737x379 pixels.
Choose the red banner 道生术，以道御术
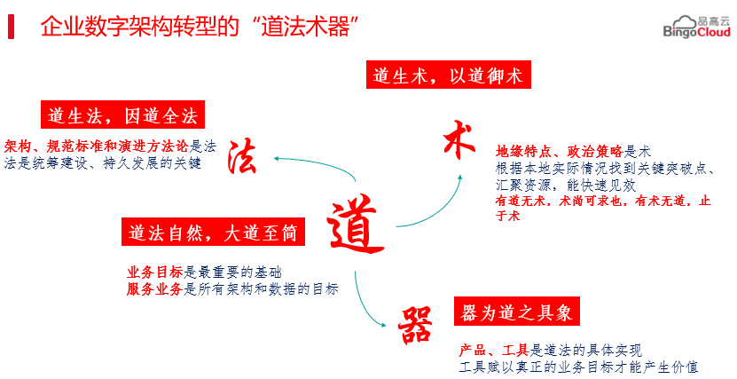[x=448, y=75]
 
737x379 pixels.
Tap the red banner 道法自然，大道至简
[x=212, y=233]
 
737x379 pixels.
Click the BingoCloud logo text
[x=697, y=32]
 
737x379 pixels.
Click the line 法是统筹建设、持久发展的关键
[x=103, y=163]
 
